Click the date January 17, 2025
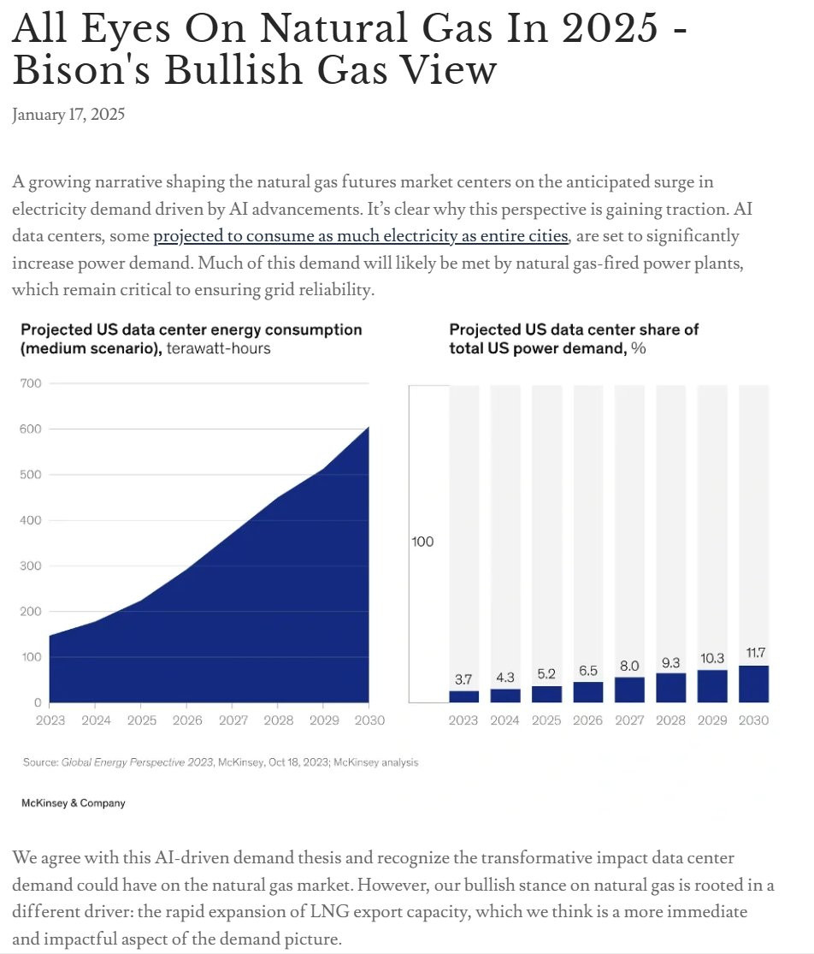coord(68,115)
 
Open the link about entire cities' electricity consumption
coord(360,235)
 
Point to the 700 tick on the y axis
coord(31,383)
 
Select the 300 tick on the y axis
coord(31,566)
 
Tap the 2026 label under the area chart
coord(187,720)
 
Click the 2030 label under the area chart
coord(369,720)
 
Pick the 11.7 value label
coord(755,653)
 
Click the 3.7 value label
coord(463,679)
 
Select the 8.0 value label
coord(630,666)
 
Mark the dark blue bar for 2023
coord(463,696)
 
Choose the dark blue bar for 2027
coord(630,690)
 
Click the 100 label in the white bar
coord(422,542)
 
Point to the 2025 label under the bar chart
coord(546,720)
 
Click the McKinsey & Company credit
coord(73,803)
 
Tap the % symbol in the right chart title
coord(638,348)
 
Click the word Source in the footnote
coord(40,761)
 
